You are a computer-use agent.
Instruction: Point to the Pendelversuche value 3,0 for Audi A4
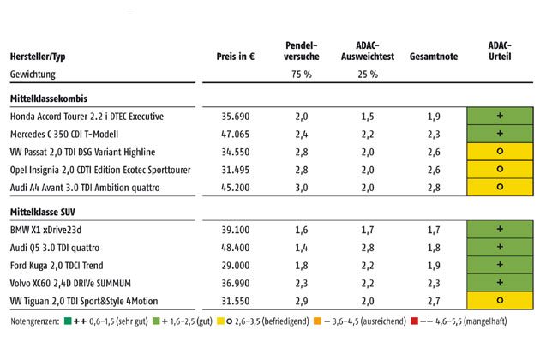coord(301,187)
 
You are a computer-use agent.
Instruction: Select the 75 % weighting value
coord(301,75)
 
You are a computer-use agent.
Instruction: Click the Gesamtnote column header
coord(434,57)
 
